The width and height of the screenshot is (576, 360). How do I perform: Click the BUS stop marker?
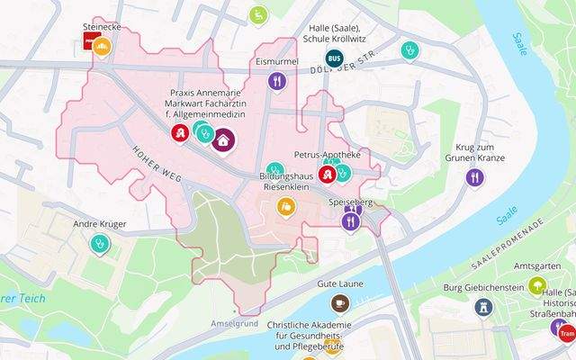click(334, 58)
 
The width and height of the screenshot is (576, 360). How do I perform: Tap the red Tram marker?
click(565, 334)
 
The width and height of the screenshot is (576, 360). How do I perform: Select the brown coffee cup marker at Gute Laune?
click(340, 303)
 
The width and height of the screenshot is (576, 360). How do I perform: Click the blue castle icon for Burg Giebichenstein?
click(484, 307)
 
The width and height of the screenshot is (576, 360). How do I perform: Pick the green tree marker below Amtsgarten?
click(537, 286)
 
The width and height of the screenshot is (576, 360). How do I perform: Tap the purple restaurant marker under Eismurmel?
click(277, 81)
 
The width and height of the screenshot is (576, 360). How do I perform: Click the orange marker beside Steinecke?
click(103, 45)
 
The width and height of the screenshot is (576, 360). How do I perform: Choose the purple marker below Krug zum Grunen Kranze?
click(474, 178)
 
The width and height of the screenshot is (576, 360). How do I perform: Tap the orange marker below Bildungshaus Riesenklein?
click(286, 207)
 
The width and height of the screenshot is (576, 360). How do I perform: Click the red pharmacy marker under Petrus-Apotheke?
click(328, 173)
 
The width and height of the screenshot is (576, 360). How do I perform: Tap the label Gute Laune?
click(340, 283)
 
